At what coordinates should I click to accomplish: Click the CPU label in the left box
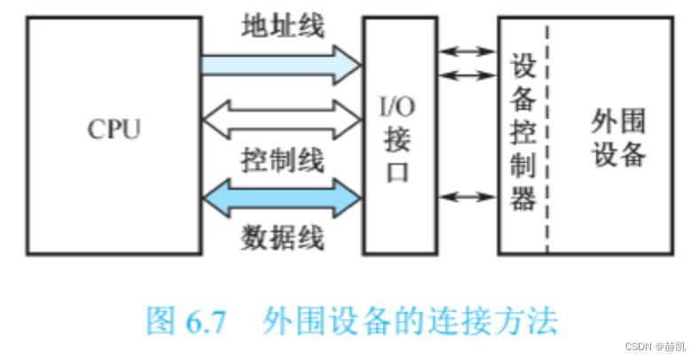tap(114, 129)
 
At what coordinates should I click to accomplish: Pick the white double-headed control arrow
tap(280, 118)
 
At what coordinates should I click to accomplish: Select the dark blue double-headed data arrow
tap(280, 196)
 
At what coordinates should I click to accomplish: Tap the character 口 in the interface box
tap(399, 171)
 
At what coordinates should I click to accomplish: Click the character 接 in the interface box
tap(399, 141)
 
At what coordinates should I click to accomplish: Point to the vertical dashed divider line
tap(546, 133)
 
